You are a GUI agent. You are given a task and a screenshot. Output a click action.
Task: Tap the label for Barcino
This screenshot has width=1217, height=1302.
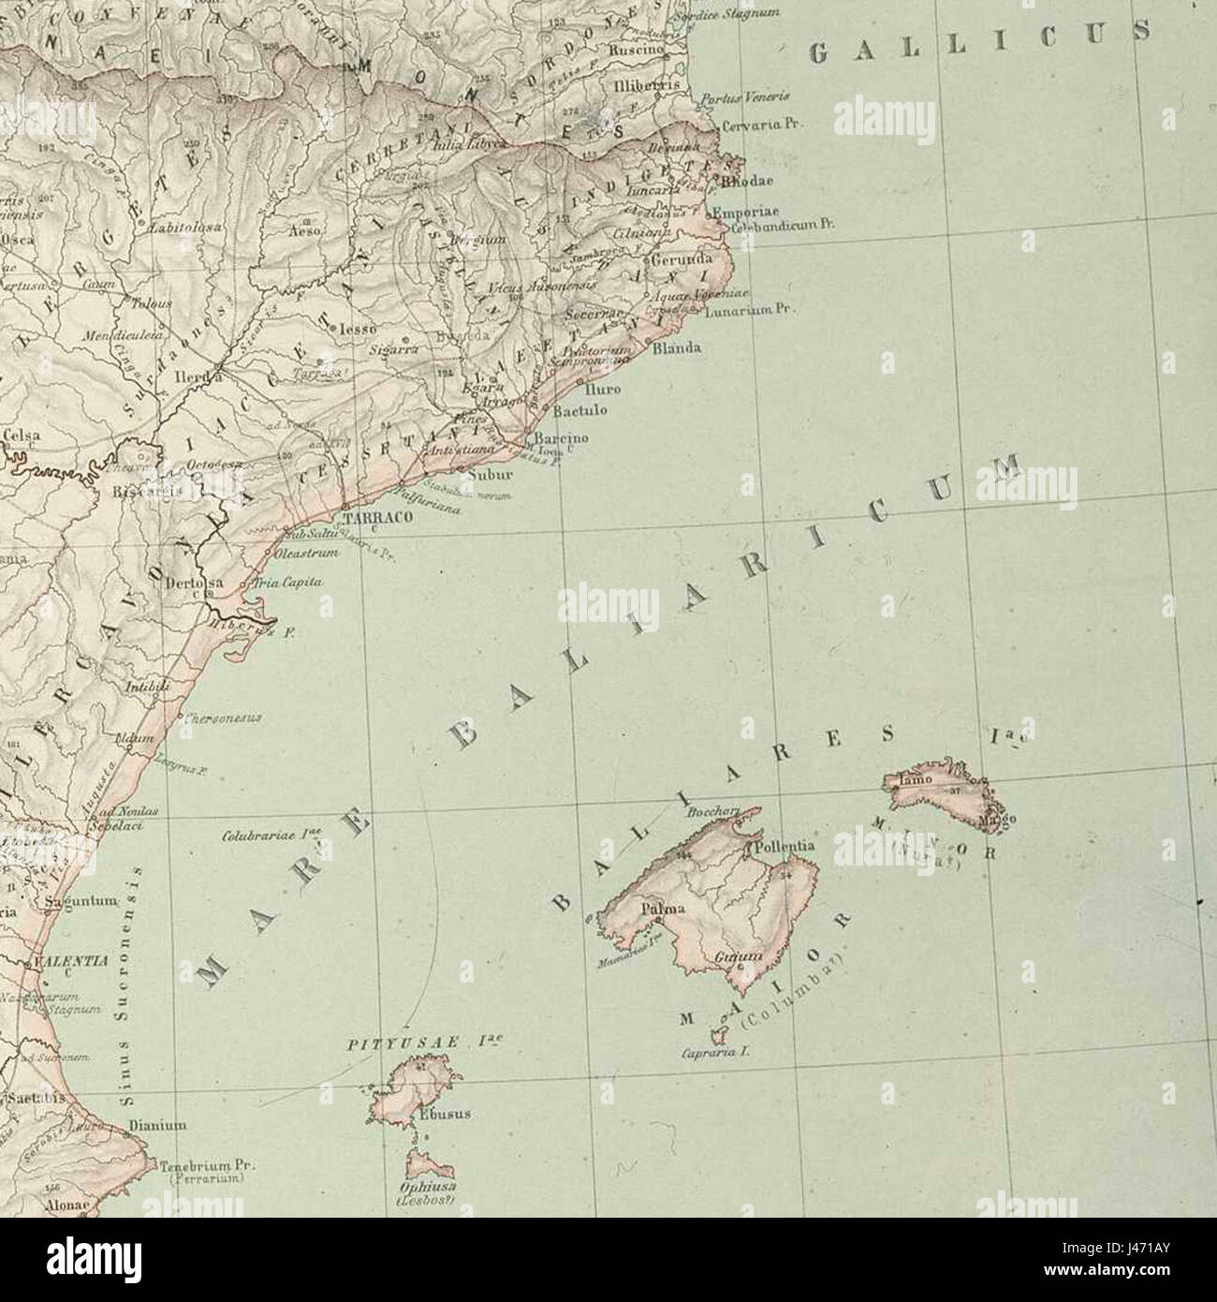pyautogui.click(x=561, y=438)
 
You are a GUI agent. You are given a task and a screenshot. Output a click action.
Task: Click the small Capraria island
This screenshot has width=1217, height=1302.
pyautogui.click(x=719, y=1036)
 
